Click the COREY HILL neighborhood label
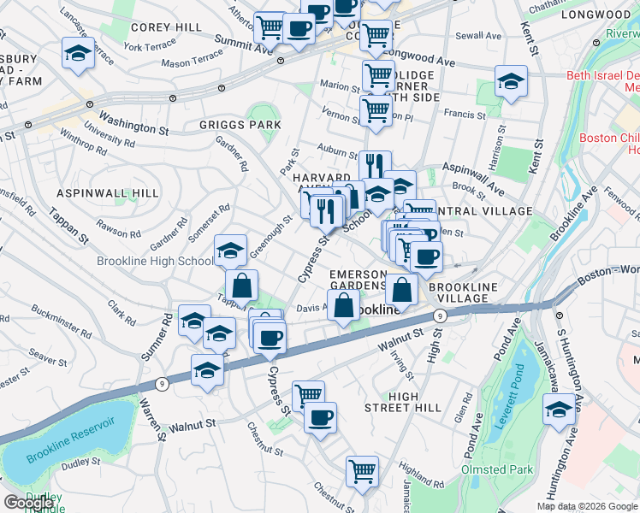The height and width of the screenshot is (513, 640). (166, 27)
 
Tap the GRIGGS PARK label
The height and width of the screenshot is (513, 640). (240, 125)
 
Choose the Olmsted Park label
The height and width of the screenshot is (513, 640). (497, 469)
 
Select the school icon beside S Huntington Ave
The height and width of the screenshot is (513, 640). (559, 408)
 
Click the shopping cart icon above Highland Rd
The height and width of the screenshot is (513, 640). (362, 469)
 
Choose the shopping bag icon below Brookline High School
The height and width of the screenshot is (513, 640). (242, 284)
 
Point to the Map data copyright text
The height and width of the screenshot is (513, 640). (587, 506)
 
